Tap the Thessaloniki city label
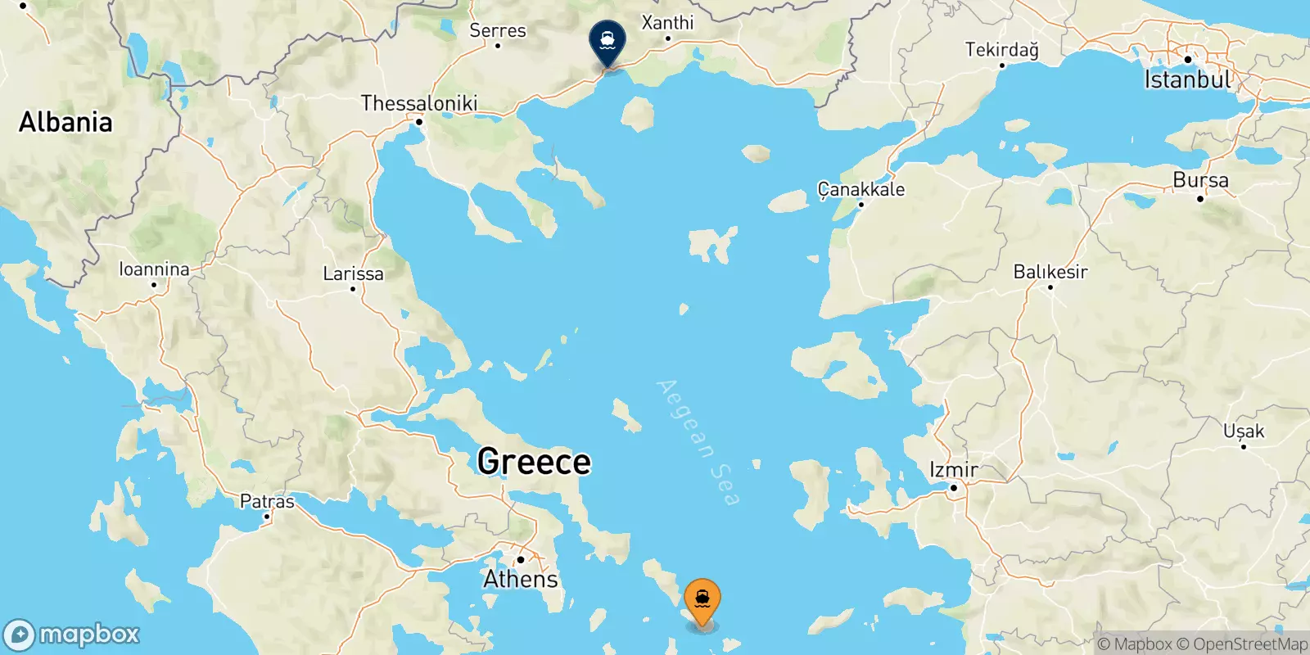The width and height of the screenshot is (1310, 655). click(x=418, y=103)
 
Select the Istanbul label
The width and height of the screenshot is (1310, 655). click(x=1187, y=79)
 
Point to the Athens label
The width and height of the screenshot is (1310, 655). click(x=521, y=579)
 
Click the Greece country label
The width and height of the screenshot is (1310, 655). click(x=534, y=462)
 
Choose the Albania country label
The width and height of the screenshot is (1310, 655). click(x=65, y=122)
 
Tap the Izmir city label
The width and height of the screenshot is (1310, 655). click(x=954, y=470)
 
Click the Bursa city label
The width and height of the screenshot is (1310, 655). click(x=1200, y=180)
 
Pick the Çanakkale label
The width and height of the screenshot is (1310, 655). click(x=861, y=189)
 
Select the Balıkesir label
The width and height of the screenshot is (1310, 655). click(x=1050, y=271)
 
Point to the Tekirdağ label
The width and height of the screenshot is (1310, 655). click(x=1001, y=49)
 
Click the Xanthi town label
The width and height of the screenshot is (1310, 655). click(x=667, y=22)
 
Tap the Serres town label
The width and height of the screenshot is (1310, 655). click(x=498, y=30)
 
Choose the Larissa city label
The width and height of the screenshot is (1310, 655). click(x=353, y=273)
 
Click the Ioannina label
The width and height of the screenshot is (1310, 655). click(x=154, y=269)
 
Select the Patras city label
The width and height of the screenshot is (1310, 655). click(x=267, y=501)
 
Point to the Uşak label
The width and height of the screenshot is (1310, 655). click(x=1243, y=431)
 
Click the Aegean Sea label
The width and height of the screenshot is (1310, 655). click(x=698, y=442)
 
